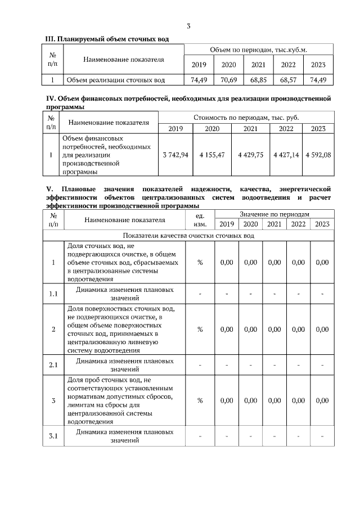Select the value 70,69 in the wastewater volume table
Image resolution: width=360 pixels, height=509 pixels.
pyautogui.click(x=228, y=80)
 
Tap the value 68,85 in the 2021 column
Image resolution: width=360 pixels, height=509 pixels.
pyautogui.click(x=258, y=80)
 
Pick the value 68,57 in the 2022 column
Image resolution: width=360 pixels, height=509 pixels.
pyautogui.click(x=288, y=80)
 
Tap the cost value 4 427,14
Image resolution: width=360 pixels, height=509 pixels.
pyautogui.click(x=286, y=155)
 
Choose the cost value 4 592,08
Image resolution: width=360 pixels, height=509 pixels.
pyautogui.click(x=318, y=155)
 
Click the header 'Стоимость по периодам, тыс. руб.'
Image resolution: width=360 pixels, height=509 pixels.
pyautogui.click(x=246, y=118)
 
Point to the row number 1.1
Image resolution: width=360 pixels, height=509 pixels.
pyautogui.click(x=53, y=294)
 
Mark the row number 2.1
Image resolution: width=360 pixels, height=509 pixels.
pyautogui.click(x=53, y=365)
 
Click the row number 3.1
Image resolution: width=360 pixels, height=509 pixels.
pyautogui.click(x=53, y=436)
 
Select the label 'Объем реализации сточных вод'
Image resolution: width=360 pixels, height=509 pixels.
pyautogui.click(x=116, y=80)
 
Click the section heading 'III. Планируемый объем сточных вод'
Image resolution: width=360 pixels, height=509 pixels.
pyautogui.click(x=107, y=38)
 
